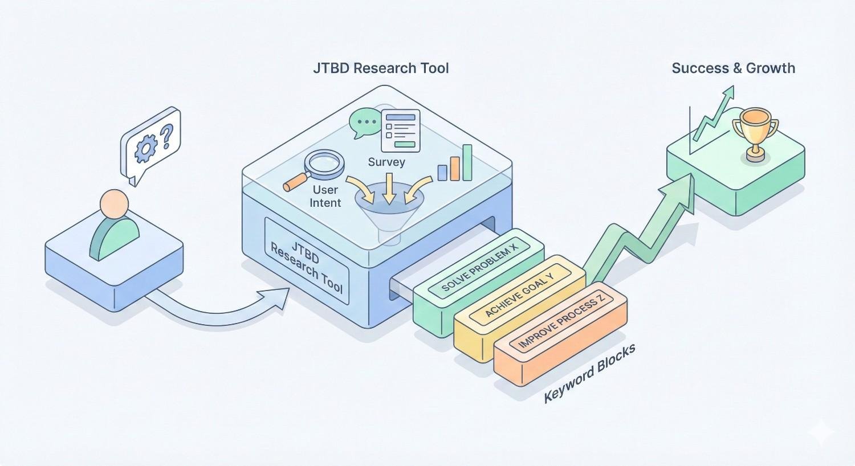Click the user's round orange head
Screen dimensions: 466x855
[x=114, y=204]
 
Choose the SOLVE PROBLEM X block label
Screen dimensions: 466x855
[x=478, y=265]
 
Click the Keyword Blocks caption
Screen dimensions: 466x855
[x=589, y=374]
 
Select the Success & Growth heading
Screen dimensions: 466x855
[x=733, y=68]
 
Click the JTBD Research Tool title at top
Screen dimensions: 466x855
[x=381, y=68]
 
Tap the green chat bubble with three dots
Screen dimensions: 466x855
[x=364, y=122]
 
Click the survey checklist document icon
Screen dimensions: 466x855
[x=401, y=130]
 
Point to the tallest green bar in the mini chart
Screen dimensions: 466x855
[x=467, y=162]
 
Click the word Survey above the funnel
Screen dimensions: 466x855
[x=386, y=162]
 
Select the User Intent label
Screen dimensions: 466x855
[x=325, y=196]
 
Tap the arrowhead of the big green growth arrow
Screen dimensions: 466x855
[x=685, y=189]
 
